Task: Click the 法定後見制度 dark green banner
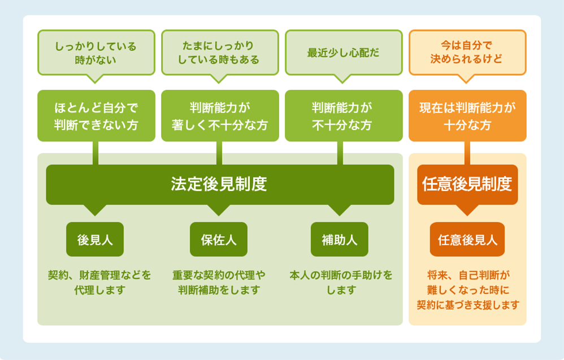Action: (220, 184)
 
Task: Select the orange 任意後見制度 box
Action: (467, 184)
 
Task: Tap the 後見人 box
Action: (95, 239)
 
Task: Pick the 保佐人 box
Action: (219, 239)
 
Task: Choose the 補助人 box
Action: (339, 239)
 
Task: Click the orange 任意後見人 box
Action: (467, 239)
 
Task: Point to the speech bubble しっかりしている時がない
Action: (96, 52)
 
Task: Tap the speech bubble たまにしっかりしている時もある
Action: (220, 52)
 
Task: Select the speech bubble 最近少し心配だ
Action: (344, 52)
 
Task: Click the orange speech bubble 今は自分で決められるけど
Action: (467, 52)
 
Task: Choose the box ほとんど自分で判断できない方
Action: (96, 115)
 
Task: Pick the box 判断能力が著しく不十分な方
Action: (220, 115)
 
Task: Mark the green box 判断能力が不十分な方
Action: (344, 115)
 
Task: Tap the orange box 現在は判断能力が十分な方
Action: (467, 115)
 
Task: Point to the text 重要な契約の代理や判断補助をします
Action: (219, 283)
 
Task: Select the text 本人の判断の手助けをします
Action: (341, 283)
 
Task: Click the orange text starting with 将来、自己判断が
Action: (467, 290)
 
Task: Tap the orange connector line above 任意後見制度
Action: (467, 153)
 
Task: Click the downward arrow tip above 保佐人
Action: (219, 211)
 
